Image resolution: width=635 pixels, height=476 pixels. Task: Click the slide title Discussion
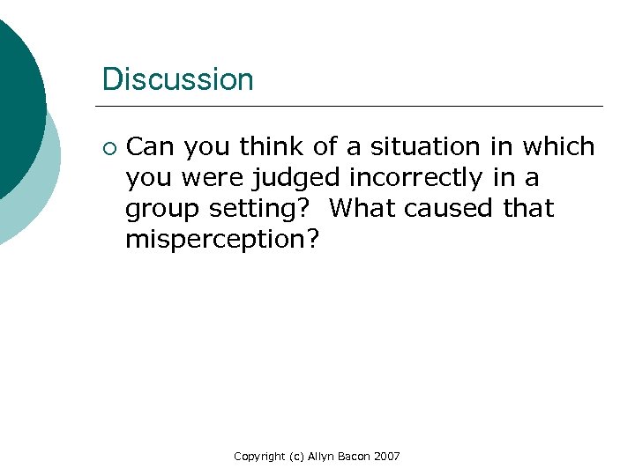coord(177,79)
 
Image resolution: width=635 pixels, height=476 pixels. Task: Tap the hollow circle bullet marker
coord(108,146)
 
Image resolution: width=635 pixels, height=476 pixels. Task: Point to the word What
coord(364,208)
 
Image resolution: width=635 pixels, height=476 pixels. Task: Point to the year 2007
coord(387,456)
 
